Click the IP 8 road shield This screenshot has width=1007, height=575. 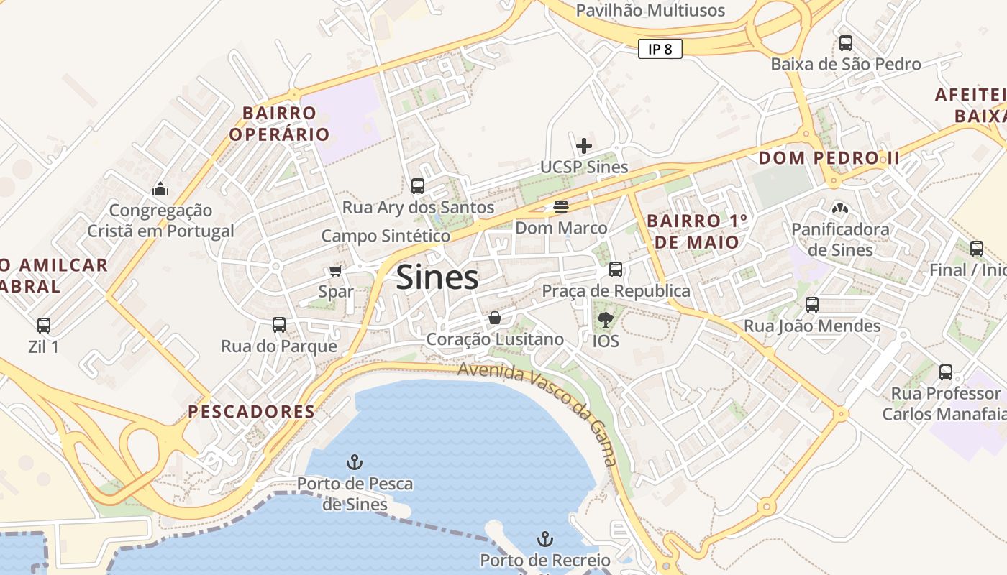point(660,49)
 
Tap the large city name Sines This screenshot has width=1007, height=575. point(437,277)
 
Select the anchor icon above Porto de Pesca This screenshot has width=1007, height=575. point(355,461)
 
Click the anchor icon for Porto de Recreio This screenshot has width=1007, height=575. point(545,538)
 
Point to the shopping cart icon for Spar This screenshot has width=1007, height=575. point(335,271)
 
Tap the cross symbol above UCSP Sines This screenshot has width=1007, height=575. point(584,146)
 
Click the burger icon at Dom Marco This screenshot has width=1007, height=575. point(561,207)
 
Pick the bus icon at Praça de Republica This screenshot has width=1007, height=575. point(616,270)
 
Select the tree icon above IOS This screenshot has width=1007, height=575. point(605,319)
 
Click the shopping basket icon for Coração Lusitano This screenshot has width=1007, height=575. point(495,318)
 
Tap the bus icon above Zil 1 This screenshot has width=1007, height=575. point(44,326)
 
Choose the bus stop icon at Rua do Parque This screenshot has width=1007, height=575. point(279,325)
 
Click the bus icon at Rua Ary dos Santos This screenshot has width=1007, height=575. point(417,186)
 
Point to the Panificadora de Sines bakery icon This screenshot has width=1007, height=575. point(839,208)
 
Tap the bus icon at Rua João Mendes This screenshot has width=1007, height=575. point(812,305)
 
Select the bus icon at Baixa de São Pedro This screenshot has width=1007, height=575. point(846,43)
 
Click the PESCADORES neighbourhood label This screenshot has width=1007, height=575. point(252,412)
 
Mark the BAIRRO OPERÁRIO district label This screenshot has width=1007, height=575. point(279,124)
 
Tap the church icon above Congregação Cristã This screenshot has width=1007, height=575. point(160,190)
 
